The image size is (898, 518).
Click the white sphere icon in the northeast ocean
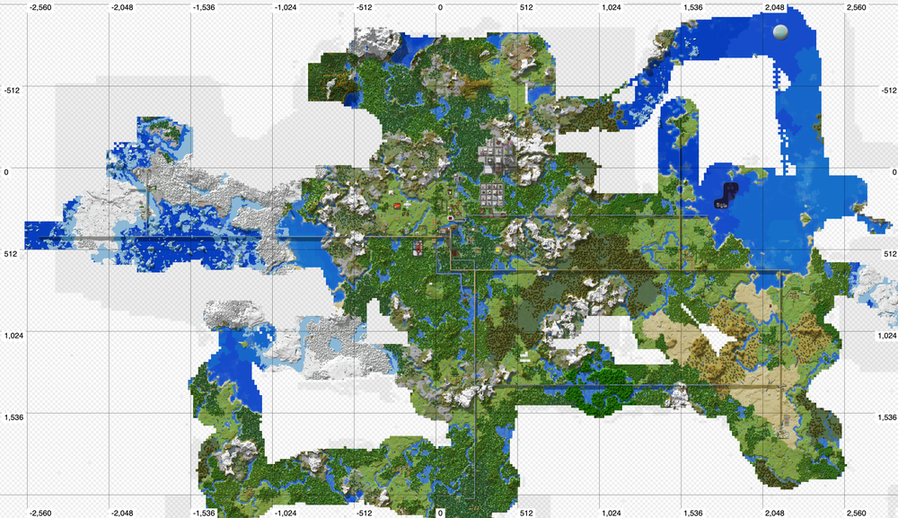coord(780,31)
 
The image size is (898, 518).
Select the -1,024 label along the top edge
coord(286,6)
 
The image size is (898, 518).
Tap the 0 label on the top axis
coord(440,6)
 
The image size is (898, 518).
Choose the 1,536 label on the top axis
coord(692,6)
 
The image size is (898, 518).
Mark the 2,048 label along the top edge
coord(774,6)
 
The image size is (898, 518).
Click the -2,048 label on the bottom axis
coord(123,513)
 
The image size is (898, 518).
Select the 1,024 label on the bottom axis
coord(611,513)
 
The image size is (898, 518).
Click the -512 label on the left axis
coord(13,90)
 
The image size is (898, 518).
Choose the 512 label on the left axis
coord(11,253)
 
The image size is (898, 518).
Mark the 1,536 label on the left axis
coord(13,417)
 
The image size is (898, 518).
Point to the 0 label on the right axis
coord(889,171)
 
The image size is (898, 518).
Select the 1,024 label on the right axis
coord(884,335)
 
